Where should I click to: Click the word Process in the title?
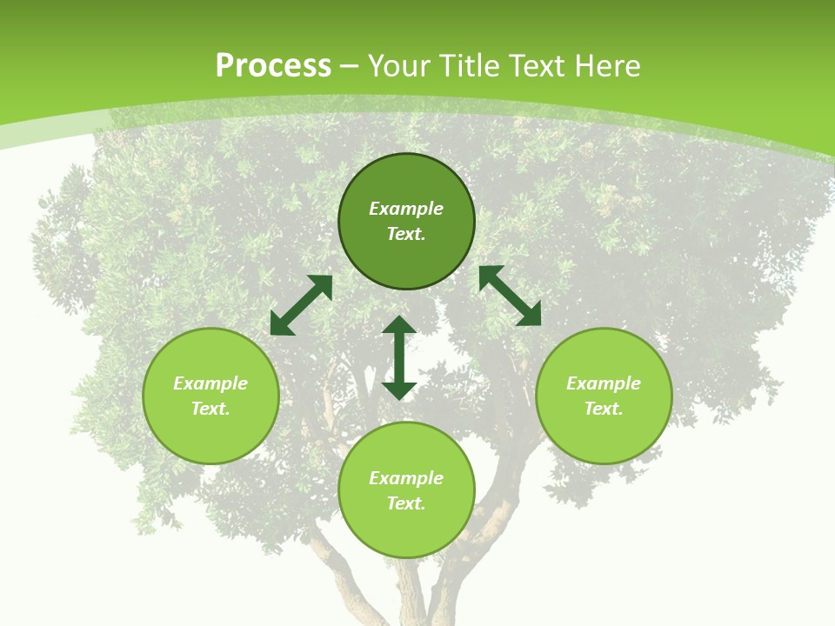273,66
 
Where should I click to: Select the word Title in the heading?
473,66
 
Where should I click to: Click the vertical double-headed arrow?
399,357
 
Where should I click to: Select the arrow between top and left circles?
301,305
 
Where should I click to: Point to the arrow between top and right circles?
510,296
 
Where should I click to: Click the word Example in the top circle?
406,209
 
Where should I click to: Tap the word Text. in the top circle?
406,234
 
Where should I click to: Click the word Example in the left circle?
210,383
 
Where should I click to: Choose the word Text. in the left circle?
210,409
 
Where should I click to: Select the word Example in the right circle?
604,383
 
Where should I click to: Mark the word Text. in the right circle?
604,409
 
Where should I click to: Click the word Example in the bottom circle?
406,478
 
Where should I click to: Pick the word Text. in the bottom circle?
406,503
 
